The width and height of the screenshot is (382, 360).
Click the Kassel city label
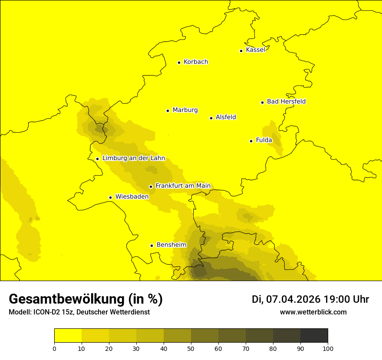255,50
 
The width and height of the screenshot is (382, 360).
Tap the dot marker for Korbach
179,62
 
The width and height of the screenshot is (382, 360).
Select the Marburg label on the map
185,110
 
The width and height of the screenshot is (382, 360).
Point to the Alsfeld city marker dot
211,118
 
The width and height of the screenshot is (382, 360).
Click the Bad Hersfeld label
286,101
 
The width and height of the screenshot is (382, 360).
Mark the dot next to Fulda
251,141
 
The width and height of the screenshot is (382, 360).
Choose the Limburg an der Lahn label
134,158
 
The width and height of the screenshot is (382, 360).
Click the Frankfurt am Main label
183,186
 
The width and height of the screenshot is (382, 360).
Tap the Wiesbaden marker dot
111,197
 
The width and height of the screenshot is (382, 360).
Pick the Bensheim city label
171,245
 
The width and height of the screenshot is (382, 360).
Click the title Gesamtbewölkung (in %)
86,299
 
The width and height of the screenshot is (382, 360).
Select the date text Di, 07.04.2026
286,299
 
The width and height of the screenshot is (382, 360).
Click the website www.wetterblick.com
313,312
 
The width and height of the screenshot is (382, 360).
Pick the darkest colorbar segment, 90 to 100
314,336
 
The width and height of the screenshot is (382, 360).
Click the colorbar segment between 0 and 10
68,336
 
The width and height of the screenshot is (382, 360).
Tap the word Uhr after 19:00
360,299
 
